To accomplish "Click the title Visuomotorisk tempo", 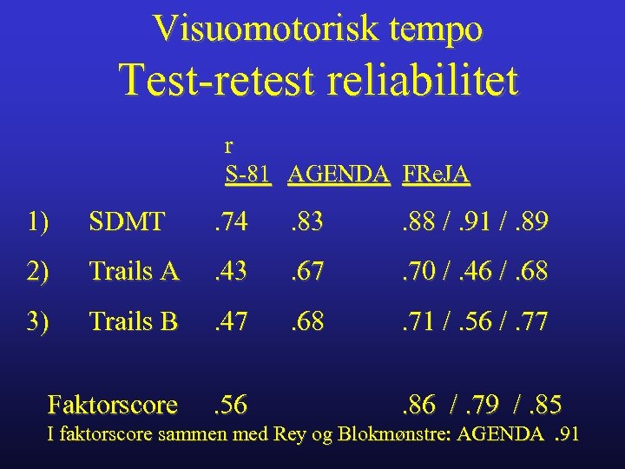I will pyautogui.click(x=317, y=30).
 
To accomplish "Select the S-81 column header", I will pyautogui.click(x=247, y=175).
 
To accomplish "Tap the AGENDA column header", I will pyautogui.click(x=339, y=175).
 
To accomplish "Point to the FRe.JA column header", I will pyautogui.click(x=436, y=175).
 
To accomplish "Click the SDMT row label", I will pyautogui.click(x=127, y=223).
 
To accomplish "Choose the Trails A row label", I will pyautogui.click(x=134, y=273).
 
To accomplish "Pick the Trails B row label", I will pyautogui.click(x=134, y=322).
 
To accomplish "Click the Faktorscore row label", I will pyautogui.click(x=113, y=405).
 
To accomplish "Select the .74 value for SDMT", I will pyautogui.click(x=230, y=223).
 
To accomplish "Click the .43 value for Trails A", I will pyautogui.click(x=230, y=273).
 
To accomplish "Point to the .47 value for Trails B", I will pyautogui.click(x=230, y=322).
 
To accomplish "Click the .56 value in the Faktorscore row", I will pyautogui.click(x=230, y=405).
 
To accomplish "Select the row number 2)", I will pyautogui.click(x=37, y=273).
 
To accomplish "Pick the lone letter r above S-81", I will pyautogui.click(x=228, y=146).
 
